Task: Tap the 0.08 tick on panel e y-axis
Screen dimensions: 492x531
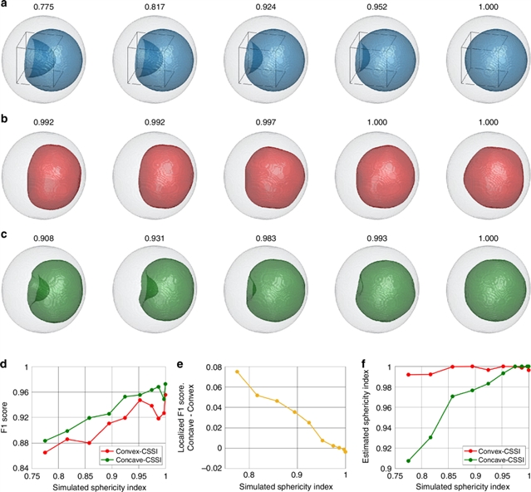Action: (x=214, y=367)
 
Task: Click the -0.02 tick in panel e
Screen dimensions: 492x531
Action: (x=212, y=468)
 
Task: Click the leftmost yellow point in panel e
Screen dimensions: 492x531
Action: (x=237, y=372)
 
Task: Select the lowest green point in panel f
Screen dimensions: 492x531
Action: (x=408, y=460)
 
